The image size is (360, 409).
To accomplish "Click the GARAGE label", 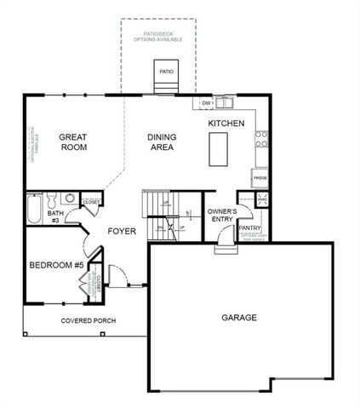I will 239,318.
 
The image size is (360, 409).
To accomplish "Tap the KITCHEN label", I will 226,124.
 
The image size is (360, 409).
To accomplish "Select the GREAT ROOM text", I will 75,142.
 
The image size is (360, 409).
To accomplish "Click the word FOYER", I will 122,231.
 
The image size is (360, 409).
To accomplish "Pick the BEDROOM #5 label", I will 56,265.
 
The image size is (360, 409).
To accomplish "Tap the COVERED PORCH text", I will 89,320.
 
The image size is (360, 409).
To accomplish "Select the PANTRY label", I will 249,228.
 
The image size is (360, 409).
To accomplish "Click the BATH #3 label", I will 54,216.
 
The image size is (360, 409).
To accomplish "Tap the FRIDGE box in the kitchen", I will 260,179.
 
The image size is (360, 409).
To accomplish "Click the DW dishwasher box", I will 206,104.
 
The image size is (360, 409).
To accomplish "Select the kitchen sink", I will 225,104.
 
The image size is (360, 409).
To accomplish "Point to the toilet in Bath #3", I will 51,201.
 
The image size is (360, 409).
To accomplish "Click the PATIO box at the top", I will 166,72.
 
